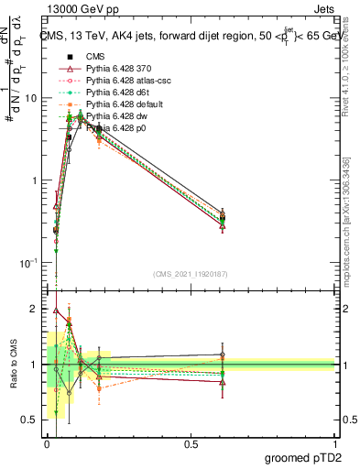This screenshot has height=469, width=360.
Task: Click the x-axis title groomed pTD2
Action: (305, 456)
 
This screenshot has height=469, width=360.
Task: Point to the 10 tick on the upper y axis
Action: (33, 98)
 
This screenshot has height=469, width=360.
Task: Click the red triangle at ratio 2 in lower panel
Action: (56, 311)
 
